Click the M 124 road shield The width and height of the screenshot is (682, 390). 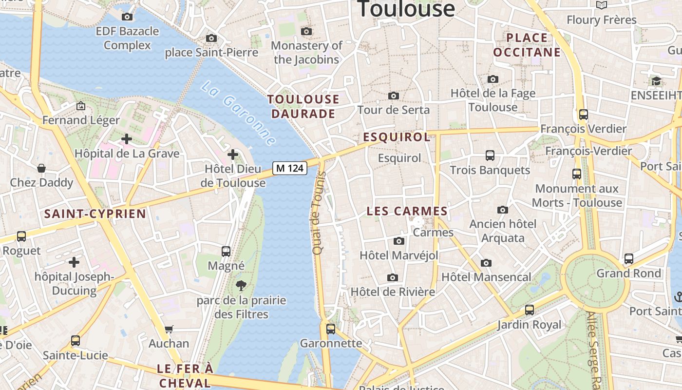click(289, 168)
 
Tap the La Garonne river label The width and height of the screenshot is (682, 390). click(238, 113)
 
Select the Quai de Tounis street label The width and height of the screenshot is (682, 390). click(319, 213)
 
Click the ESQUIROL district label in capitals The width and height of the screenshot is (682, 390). click(397, 137)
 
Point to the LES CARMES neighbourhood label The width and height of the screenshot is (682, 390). click(407, 211)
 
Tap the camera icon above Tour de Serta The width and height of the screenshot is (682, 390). click(394, 96)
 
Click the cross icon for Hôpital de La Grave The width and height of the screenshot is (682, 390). click(127, 139)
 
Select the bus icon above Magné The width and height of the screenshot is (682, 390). click(226, 252)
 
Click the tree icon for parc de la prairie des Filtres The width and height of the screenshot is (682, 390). click(241, 286)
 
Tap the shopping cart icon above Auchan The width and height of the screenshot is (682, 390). click(169, 329)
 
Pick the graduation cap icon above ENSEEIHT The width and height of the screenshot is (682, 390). click(656, 81)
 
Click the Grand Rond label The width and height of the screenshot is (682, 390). click(629, 273)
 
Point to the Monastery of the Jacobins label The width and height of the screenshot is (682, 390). click(306, 53)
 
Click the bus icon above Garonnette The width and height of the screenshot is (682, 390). click(331, 329)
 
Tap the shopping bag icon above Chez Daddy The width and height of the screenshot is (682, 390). click(41, 168)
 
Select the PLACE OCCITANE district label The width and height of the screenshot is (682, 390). click(527, 45)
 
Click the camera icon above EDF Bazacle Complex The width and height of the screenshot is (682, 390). click(127, 17)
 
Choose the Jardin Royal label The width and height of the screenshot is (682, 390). click(529, 325)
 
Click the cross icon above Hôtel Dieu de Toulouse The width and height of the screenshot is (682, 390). click(233, 155)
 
